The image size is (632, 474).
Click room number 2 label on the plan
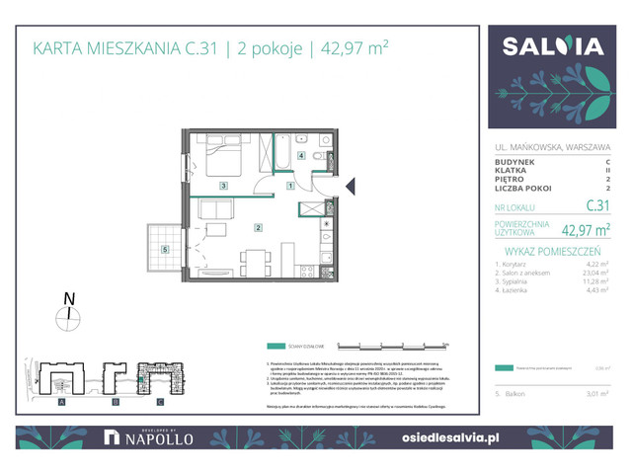pyautogui.click(x=258, y=228)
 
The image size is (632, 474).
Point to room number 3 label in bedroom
pyautogui.click(x=224, y=186)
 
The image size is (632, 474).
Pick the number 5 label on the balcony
pyautogui.click(x=165, y=248)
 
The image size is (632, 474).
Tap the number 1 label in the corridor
pyautogui.click(x=290, y=185)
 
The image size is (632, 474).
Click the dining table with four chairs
pyautogui.click(x=255, y=263)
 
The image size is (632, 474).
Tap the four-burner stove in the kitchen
pyautogui.click(x=326, y=246)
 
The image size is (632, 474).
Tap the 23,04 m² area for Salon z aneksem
pyautogui.click(x=592, y=272)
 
